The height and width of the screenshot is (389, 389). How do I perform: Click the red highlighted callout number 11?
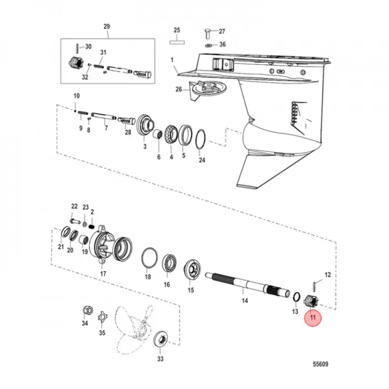[x=312, y=317]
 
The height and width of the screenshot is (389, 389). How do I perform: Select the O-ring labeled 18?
[x=149, y=258]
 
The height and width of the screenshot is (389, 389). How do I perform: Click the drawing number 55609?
[x=320, y=364]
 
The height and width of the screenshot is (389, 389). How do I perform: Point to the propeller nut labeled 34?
[x=87, y=310]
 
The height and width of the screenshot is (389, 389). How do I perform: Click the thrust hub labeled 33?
[x=160, y=340]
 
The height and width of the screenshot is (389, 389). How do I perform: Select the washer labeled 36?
[x=209, y=44]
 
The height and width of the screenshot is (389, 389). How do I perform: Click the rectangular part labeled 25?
[x=177, y=42]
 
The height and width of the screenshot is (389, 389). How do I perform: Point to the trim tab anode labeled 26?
[x=207, y=89]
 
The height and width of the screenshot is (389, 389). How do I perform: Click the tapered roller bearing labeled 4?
[x=171, y=134]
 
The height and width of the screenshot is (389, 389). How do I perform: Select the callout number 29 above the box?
[x=107, y=26]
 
